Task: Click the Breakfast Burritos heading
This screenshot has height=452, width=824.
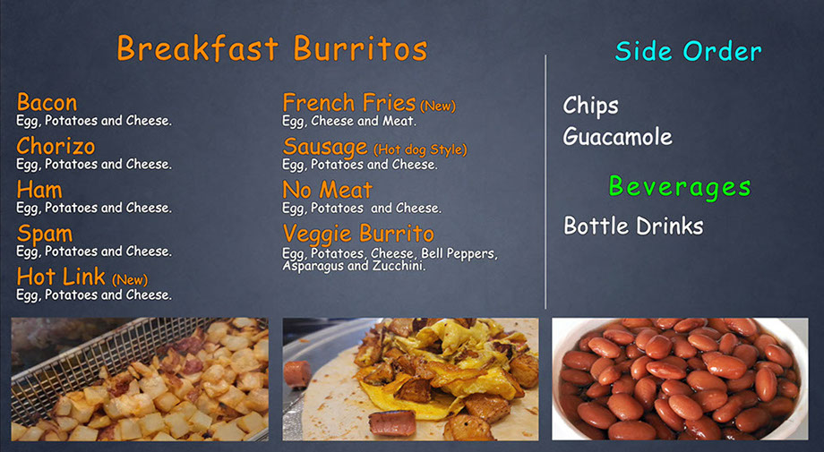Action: (x=271, y=49)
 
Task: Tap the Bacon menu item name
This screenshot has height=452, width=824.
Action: (x=47, y=102)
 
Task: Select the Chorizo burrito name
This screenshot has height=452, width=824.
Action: (x=56, y=146)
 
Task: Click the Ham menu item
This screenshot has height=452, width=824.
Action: (x=39, y=190)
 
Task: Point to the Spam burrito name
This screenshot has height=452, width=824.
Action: (x=45, y=235)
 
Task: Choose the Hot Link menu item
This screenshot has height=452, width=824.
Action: (x=61, y=277)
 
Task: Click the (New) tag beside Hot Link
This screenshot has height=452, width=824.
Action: (x=130, y=279)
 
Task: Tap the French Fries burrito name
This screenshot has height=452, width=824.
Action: (x=349, y=102)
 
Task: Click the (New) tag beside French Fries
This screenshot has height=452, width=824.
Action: (x=438, y=106)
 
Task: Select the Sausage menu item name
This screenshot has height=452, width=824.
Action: (x=325, y=148)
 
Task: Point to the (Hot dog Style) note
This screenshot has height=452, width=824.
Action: (x=420, y=149)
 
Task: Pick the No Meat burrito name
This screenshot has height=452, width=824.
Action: (x=328, y=190)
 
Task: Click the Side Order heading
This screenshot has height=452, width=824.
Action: (x=688, y=51)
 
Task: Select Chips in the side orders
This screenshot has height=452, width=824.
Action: (x=590, y=106)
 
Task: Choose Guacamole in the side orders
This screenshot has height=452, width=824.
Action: (x=617, y=136)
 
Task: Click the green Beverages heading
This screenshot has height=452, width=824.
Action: (x=680, y=187)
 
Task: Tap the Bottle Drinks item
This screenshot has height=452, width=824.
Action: (x=633, y=226)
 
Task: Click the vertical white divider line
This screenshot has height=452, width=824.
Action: (x=545, y=182)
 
